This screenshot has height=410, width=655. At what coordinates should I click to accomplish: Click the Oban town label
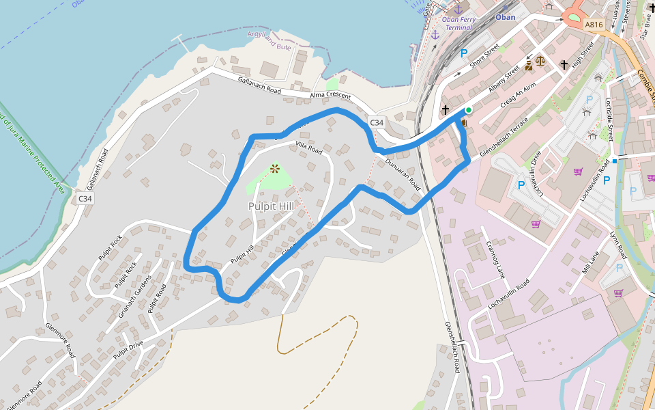(x=506, y=17)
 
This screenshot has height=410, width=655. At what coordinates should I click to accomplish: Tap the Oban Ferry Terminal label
(x=459, y=23)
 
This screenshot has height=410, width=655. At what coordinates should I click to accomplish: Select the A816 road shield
(x=594, y=25)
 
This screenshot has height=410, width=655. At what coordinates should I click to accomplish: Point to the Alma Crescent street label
(x=330, y=95)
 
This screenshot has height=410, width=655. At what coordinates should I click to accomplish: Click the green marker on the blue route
(x=468, y=109)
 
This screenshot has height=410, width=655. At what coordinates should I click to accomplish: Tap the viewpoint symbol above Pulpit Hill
(x=275, y=168)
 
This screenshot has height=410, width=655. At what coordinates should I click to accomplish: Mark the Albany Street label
(x=504, y=81)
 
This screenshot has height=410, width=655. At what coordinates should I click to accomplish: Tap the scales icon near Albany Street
(x=540, y=60)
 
